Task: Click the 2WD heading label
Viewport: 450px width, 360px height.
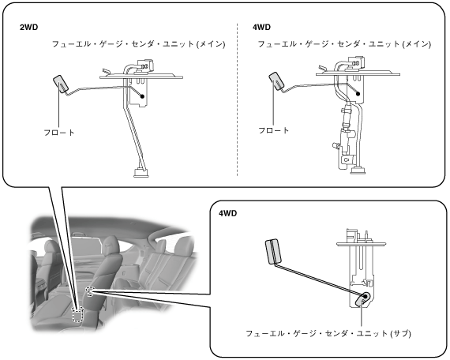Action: (28, 28)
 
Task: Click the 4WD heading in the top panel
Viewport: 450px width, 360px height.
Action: (261, 28)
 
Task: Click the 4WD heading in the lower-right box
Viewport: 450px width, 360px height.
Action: (228, 213)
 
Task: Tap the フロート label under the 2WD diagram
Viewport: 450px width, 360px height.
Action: (59, 133)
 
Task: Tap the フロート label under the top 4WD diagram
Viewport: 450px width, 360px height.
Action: (274, 130)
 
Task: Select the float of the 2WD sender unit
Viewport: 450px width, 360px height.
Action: (60, 84)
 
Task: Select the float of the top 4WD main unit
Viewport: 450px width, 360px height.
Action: (276, 81)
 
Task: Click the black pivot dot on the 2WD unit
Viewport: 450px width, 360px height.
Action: (142, 96)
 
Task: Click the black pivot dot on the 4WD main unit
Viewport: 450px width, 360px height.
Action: (358, 94)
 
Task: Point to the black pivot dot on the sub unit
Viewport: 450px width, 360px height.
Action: (366, 296)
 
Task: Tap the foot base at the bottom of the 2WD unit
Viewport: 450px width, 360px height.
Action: (141, 173)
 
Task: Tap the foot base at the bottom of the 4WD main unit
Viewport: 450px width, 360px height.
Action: (358, 171)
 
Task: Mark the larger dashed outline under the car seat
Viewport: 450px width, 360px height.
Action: (77, 314)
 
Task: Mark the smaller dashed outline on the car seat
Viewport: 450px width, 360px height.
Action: (90, 291)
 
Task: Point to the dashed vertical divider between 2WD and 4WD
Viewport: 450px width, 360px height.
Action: (238, 99)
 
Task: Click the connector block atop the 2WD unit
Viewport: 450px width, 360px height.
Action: (145, 66)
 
